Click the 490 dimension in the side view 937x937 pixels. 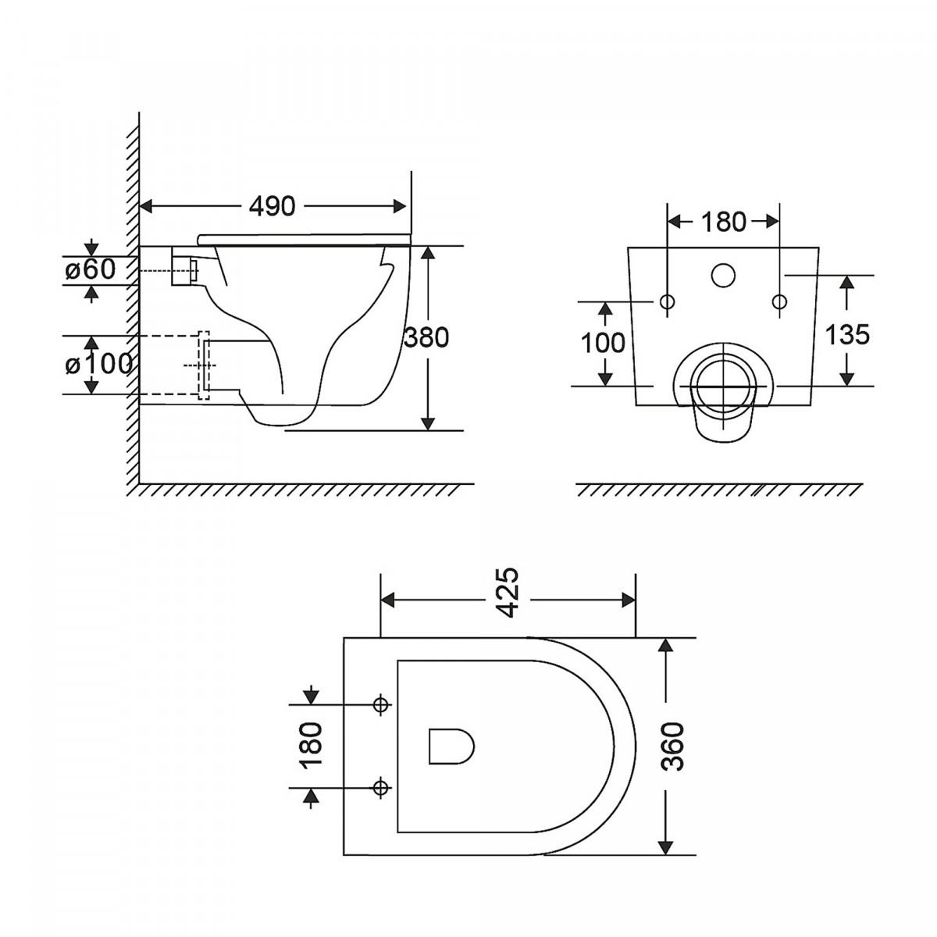[272, 206]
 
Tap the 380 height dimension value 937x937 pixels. [426, 337]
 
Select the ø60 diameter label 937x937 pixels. [91, 269]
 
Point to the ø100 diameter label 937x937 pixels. [98, 364]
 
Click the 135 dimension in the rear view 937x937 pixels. [847, 334]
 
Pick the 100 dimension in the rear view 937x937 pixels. [603, 343]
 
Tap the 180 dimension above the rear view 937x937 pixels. [724, 222]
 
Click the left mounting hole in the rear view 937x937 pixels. [667, 302]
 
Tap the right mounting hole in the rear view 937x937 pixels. [780, 302]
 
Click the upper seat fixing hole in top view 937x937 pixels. [381, 704]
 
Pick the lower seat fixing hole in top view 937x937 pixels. [381, 787]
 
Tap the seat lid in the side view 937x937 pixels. [304, 239]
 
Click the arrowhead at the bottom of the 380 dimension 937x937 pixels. [427, 423]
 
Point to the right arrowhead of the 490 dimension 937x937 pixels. [400, 206]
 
